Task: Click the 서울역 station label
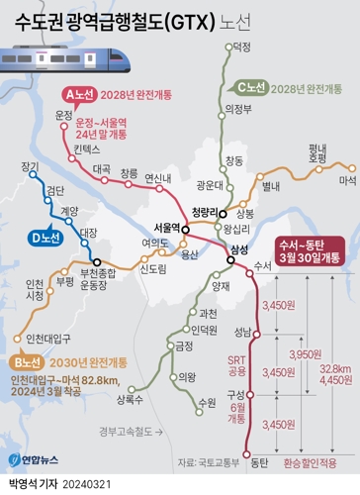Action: coord(162,227)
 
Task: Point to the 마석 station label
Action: coord(346,181)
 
